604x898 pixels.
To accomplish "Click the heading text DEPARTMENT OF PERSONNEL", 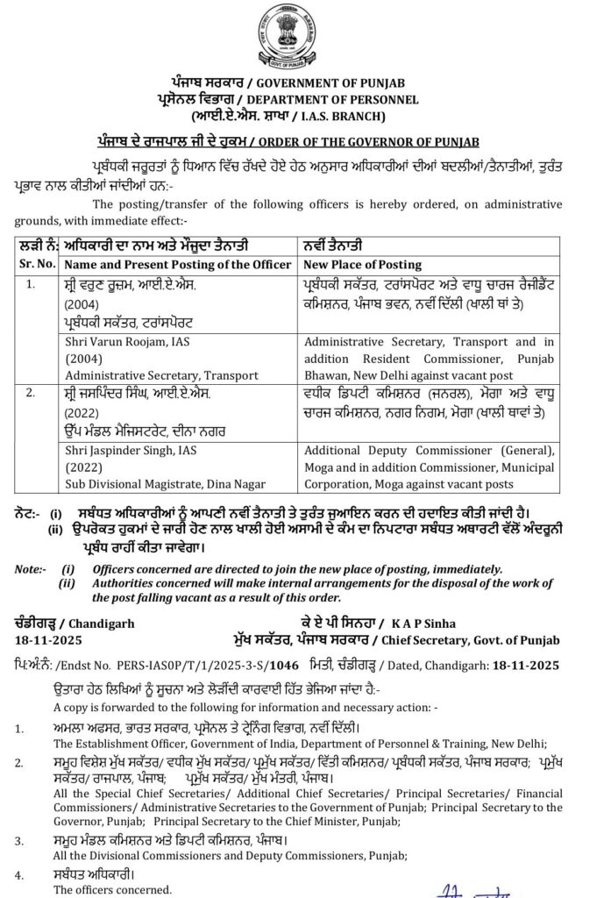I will click(347, 100).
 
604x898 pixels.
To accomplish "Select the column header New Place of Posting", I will click(362, 264).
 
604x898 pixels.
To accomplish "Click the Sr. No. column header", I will click(36, 264).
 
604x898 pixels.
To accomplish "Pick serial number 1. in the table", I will click(32, 284).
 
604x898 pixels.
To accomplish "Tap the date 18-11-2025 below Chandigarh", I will click(46, 619).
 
